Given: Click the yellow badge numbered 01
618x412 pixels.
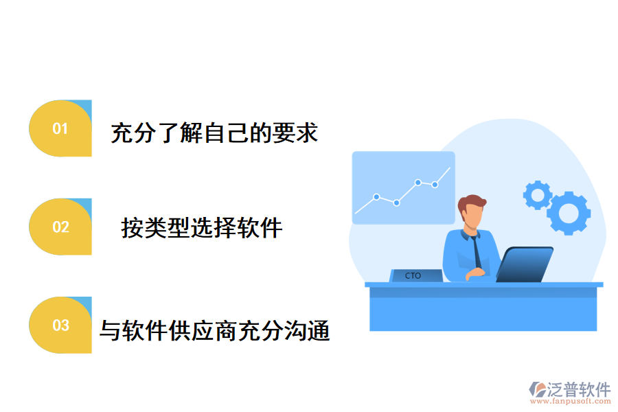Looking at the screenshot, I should click(x=60, y=128).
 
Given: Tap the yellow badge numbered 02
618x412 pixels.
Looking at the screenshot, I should click(x=60, y=227).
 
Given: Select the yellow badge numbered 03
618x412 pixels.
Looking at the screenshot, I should click(x=60, y=325).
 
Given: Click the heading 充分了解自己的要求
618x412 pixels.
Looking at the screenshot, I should click(x=214, y=133).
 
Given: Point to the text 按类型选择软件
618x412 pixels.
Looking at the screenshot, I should click(x=202, y=227).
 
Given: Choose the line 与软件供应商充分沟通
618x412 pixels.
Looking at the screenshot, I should click(x=215, y=330).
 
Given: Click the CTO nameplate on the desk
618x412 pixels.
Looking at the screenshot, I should click(x=413, y=275).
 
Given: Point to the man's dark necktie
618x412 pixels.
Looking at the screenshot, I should click(x=476, y=254).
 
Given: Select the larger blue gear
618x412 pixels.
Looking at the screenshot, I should click(x=568, y=213).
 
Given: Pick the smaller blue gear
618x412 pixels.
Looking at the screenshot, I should click(x=537, y=195).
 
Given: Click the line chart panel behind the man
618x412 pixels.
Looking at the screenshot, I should click(x=403, y=187).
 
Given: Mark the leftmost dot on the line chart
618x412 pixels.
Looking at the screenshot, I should click(x=376, y=196).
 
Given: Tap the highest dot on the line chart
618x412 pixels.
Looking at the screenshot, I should click(x=417, y=183).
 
